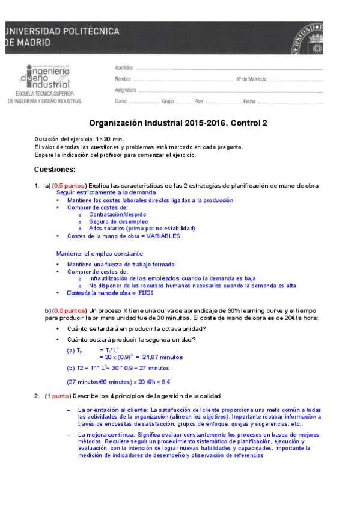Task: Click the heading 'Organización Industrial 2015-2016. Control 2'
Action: (x=178, y=123)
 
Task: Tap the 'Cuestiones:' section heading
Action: (x=55, y=169)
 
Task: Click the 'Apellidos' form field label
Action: (x=123, y=69)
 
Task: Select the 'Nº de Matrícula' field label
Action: (x=251, y=79)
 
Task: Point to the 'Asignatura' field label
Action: (x=125, y=90)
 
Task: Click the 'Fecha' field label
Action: (x=249, y=102)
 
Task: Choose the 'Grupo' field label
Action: (x=168, y=102)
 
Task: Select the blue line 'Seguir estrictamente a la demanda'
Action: (x=97, y=192)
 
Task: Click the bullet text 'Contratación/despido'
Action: (x=117, y=214)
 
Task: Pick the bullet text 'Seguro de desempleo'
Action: (x=118, y=221)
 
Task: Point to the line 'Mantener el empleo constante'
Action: (x=100, y=253)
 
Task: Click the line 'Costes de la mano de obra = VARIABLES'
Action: (x=123, y=236)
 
